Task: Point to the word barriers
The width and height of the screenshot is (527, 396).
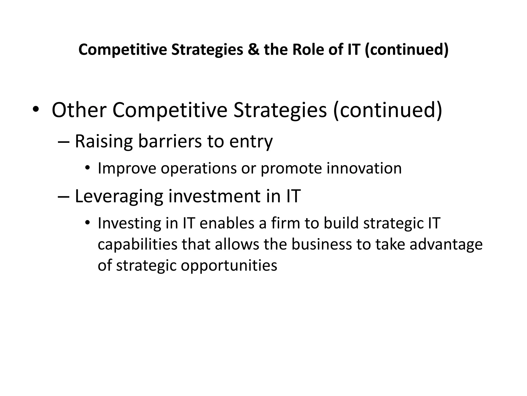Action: pyautogui.click(x=170, y=141)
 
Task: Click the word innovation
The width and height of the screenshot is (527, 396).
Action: pyautogui.click(x=364, y=168)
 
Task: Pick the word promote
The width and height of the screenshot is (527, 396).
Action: pyautogui.click(x=291, y=169)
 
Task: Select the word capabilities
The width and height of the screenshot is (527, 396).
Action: pyautogui.click(x=137, y=244)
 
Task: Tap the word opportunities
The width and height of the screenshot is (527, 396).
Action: pyautogui.click(x=229, y=266)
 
